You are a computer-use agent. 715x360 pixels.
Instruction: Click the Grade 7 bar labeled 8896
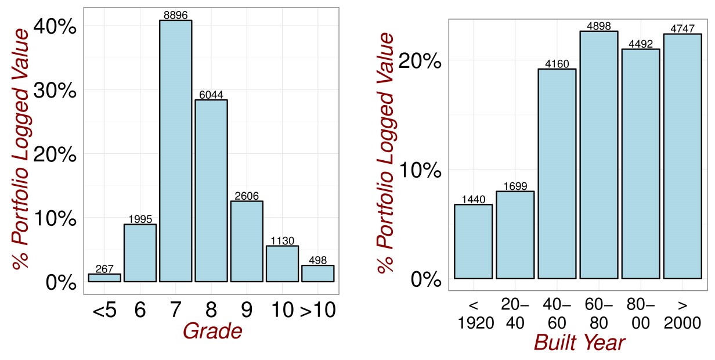pos(175,151)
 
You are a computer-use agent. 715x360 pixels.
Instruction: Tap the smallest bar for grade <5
pos(104,278)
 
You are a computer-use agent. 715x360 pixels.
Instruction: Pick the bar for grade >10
pos(317,273)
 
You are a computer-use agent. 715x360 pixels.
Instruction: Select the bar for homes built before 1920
pos(473,241)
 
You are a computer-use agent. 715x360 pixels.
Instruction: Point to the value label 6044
pos(211,95)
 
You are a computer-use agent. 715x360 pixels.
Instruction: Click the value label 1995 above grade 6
pos(140,219)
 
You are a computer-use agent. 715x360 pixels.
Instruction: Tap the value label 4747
pos(682,28)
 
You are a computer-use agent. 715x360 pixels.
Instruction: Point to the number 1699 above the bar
pos(515,186)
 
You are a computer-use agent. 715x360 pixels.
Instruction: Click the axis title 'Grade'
pos(212,331)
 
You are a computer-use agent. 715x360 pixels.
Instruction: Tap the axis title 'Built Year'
pos(579,343)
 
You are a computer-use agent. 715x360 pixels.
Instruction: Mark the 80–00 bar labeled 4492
pos(641,164)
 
